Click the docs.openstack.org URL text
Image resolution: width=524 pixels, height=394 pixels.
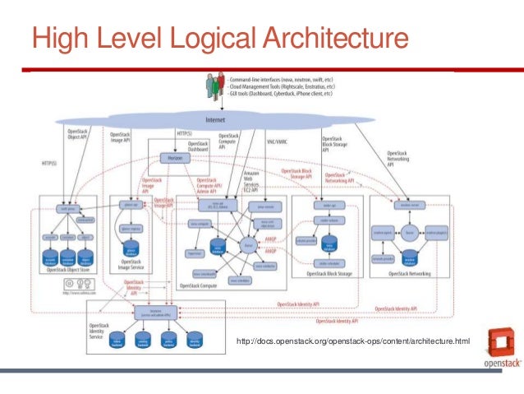pos(352,340)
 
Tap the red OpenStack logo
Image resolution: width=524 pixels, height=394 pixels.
pos(499,346)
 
